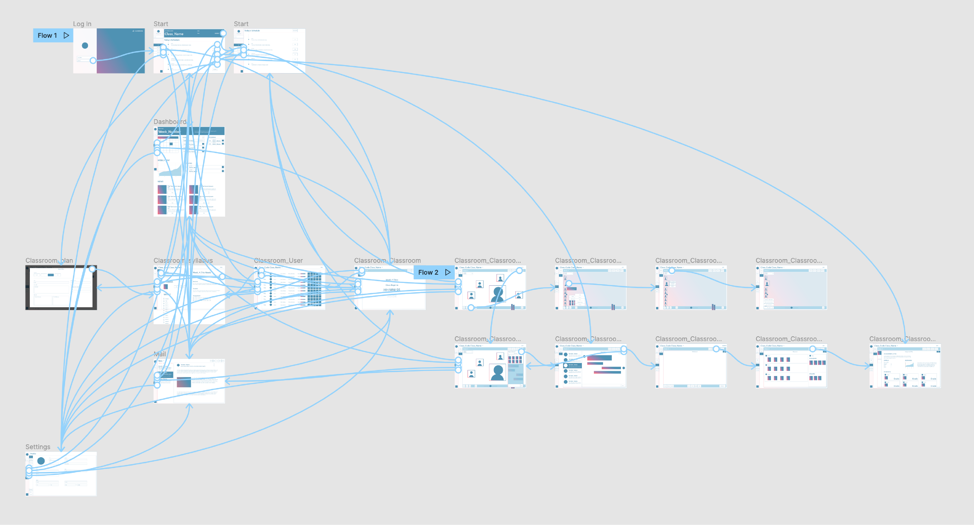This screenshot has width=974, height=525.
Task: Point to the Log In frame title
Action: tap(82, 24)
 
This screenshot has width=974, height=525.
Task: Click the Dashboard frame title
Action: tap(170, 121)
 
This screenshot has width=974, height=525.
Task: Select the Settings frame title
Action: tap(38, 447)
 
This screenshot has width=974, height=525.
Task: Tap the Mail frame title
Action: tap(160, 354)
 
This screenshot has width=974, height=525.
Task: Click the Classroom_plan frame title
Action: tap(49, 260)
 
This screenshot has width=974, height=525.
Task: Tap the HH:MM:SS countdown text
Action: tap(392, 290)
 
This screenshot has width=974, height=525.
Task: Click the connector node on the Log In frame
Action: tap(93, 60)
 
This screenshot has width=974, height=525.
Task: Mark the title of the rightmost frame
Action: tap(902, 339)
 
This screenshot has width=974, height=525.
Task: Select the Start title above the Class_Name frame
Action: tap(161, 24)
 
